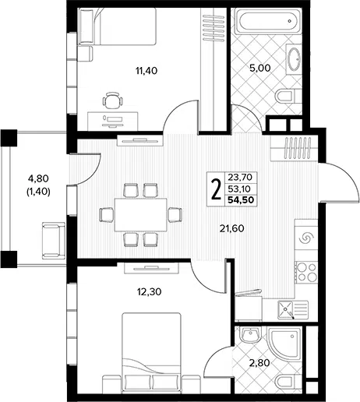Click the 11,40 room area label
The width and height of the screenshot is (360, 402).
coord(146,71)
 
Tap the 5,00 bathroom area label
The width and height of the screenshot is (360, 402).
coord(260,68)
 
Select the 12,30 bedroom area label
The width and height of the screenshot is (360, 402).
coord(150,292)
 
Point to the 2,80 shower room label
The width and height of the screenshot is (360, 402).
coord(259,362)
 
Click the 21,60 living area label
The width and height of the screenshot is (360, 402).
coord(232,228)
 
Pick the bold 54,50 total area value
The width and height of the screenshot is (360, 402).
coord(241,200)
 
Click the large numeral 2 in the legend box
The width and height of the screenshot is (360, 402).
coord(216,189)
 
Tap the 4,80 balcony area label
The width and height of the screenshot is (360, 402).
coord(38,178)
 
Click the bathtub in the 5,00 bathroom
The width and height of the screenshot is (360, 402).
coord(268,21)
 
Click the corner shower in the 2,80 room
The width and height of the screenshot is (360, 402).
coord(284,344)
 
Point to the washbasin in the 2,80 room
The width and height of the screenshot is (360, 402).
coord(250,333)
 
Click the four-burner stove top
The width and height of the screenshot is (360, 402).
coord(306,272)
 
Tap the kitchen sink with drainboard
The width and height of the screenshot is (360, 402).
coord(293,310)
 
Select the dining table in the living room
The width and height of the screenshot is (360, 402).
coord(141,215)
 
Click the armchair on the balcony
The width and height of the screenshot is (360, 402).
coord(54,241)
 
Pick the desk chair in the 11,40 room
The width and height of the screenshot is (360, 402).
coord(112,100)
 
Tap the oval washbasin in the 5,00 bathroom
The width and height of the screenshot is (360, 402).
coord(294,59)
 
